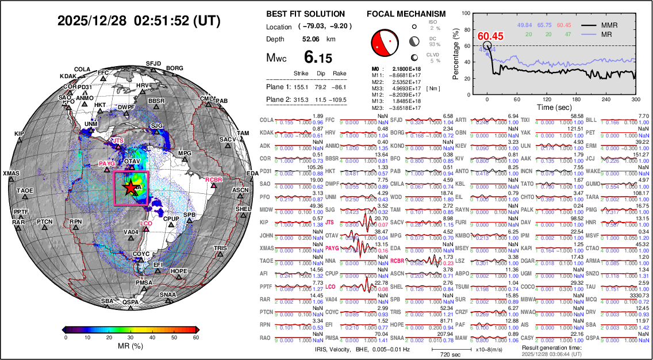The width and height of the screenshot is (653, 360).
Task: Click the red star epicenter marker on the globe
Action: coord(130,187)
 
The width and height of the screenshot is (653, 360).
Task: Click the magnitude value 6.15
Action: coord(318,58)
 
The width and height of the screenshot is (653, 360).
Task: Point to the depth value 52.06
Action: coord(311,39)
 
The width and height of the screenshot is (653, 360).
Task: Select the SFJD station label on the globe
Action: coord(153,63)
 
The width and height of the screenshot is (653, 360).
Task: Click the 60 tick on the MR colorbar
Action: coord(195,338)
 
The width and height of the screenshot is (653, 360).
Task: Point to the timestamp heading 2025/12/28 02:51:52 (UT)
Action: coord(139,21)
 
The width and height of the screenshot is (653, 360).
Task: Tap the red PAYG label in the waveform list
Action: coord(332,248)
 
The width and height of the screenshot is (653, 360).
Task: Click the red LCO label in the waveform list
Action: coord(330,286)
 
